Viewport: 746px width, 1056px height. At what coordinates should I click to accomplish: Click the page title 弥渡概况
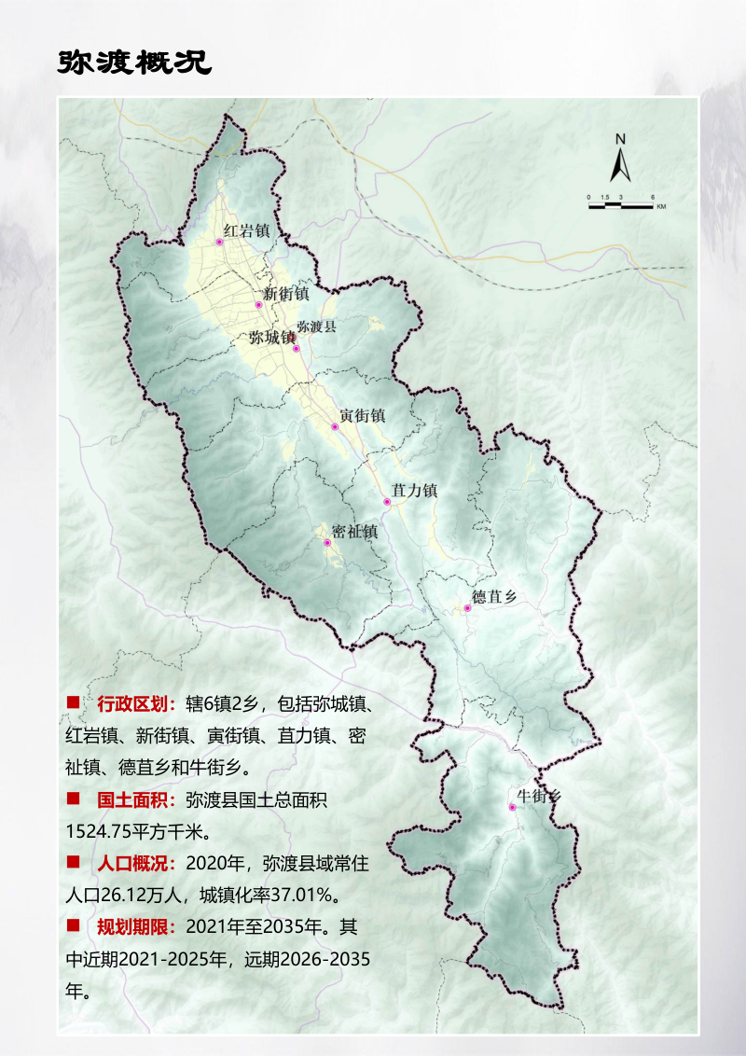coord(134,62)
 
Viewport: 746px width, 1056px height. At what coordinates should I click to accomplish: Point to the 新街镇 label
coord(285,293)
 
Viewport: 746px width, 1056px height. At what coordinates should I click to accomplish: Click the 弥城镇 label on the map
coord(271,338)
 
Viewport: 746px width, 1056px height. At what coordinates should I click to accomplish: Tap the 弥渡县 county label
coord(316,327)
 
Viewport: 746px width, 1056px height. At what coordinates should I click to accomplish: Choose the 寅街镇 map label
coord(362,416)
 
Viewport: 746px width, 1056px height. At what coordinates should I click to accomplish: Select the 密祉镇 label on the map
coord(354,532)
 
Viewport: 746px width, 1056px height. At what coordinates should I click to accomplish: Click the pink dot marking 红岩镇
coord(220,242)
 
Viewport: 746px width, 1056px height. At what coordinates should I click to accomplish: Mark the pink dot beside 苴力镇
coord(386,502)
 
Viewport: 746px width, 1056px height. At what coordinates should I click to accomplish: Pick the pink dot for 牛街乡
coord(512,807)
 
